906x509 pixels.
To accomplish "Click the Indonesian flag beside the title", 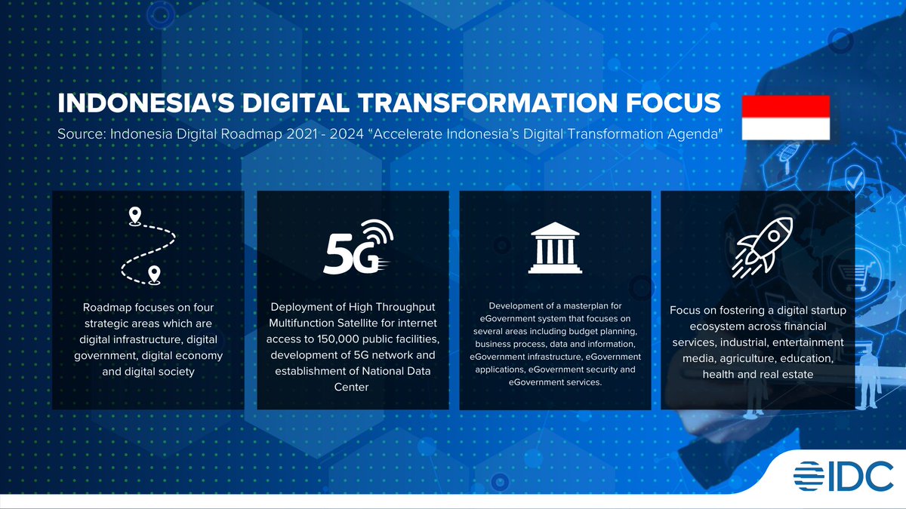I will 785,118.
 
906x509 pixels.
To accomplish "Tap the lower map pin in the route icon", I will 154,274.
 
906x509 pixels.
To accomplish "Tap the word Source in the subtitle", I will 80,134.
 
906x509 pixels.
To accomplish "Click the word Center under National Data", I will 352,387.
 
